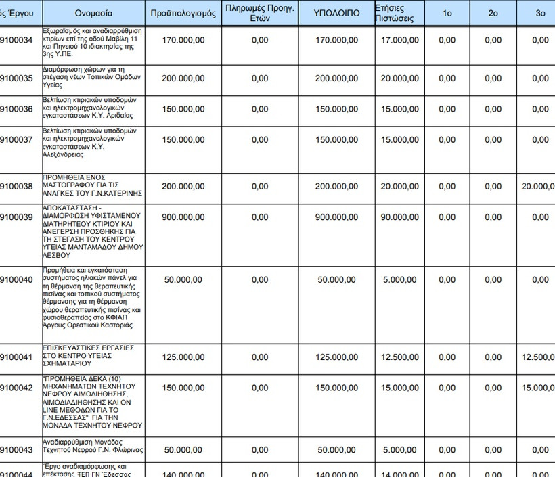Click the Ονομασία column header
coord(94,14)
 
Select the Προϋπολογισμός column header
coord(183,14)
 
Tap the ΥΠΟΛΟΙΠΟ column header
coord(336,14)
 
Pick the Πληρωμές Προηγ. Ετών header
coord(260,14)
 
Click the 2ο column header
coord(493,14)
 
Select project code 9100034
coord(16,41)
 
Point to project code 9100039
coord(16,217)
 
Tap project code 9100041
coord(16,357)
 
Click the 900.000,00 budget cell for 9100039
coord(183,217)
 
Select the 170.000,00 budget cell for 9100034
coord(183,41)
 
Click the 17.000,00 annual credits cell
coord(399,41)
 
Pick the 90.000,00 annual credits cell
coord(399,217)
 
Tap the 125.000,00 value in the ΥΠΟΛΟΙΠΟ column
coord(336,357)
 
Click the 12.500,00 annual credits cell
coord(399,357)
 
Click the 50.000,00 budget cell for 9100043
coord(183,450)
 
